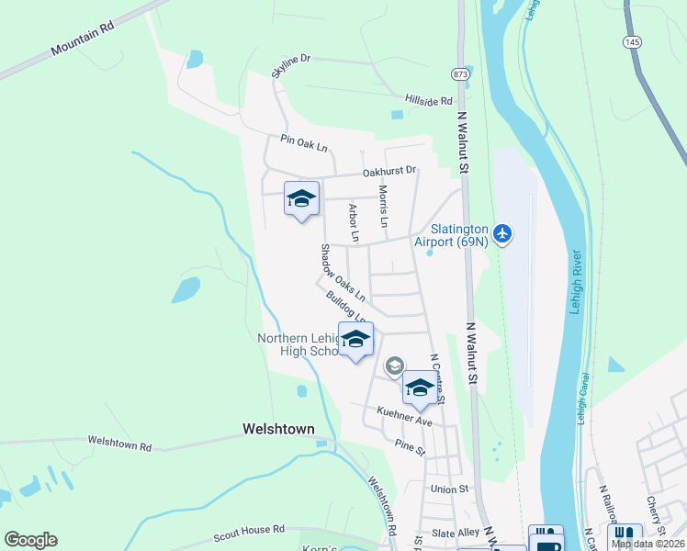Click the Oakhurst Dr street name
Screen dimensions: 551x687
point(389,171)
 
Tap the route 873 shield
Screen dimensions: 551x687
point(460,73)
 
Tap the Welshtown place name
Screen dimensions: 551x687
point(278,429)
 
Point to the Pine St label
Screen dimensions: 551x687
point(410,449)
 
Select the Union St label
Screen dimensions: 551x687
point(450,489)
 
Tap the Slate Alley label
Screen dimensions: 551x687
point(456,533)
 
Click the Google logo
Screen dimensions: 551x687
point(30,539)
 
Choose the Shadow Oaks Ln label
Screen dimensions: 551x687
point(343,273)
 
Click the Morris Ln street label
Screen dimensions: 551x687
point(383,207)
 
